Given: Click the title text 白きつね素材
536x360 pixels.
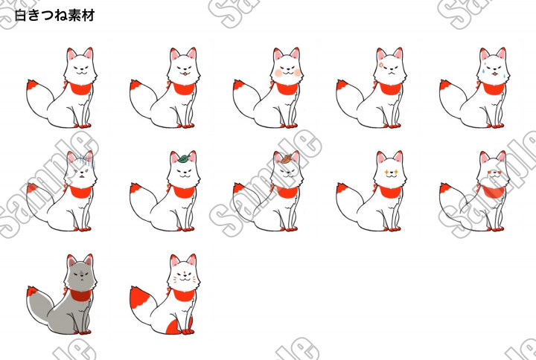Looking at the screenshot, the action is pyautogui.click(x=54, y=16).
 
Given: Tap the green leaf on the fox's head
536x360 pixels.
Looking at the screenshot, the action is pyautogui.click(x=184, y=158).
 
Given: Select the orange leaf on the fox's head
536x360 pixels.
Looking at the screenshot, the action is pyautogui.click(x=287, y=158).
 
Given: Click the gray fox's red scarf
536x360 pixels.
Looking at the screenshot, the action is pyautogui.click(x=80, y=295).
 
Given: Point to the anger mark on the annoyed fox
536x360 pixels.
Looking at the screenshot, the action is pyautogui.click(x=381, y=65).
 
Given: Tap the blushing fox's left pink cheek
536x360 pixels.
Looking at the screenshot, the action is pyautogui.click(x=278, y=73).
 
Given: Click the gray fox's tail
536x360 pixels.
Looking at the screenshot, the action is pyautogui.click(x=39, y=306).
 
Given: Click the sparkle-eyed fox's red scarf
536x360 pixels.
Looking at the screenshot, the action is pyautogui.click(x=390, y=192).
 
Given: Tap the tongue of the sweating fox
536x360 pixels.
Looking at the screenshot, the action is pyautogui.click(x=494, y=74).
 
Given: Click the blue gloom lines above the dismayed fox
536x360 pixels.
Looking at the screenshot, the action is pyautogui.click(x=85, y=161).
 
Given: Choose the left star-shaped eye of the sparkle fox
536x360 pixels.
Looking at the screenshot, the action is pyautogui.click(x=386, y=172).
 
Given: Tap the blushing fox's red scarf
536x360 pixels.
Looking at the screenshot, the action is pyautogui.click(x=287, y=89).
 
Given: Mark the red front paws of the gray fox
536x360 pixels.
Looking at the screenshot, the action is pyautogui.click(x=85, y=332).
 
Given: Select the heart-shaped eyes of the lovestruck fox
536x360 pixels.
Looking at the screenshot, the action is pyautogui.click(x=494, y=172).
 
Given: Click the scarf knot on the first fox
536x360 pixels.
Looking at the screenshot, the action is pyautogui.click(x=66, y=84).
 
